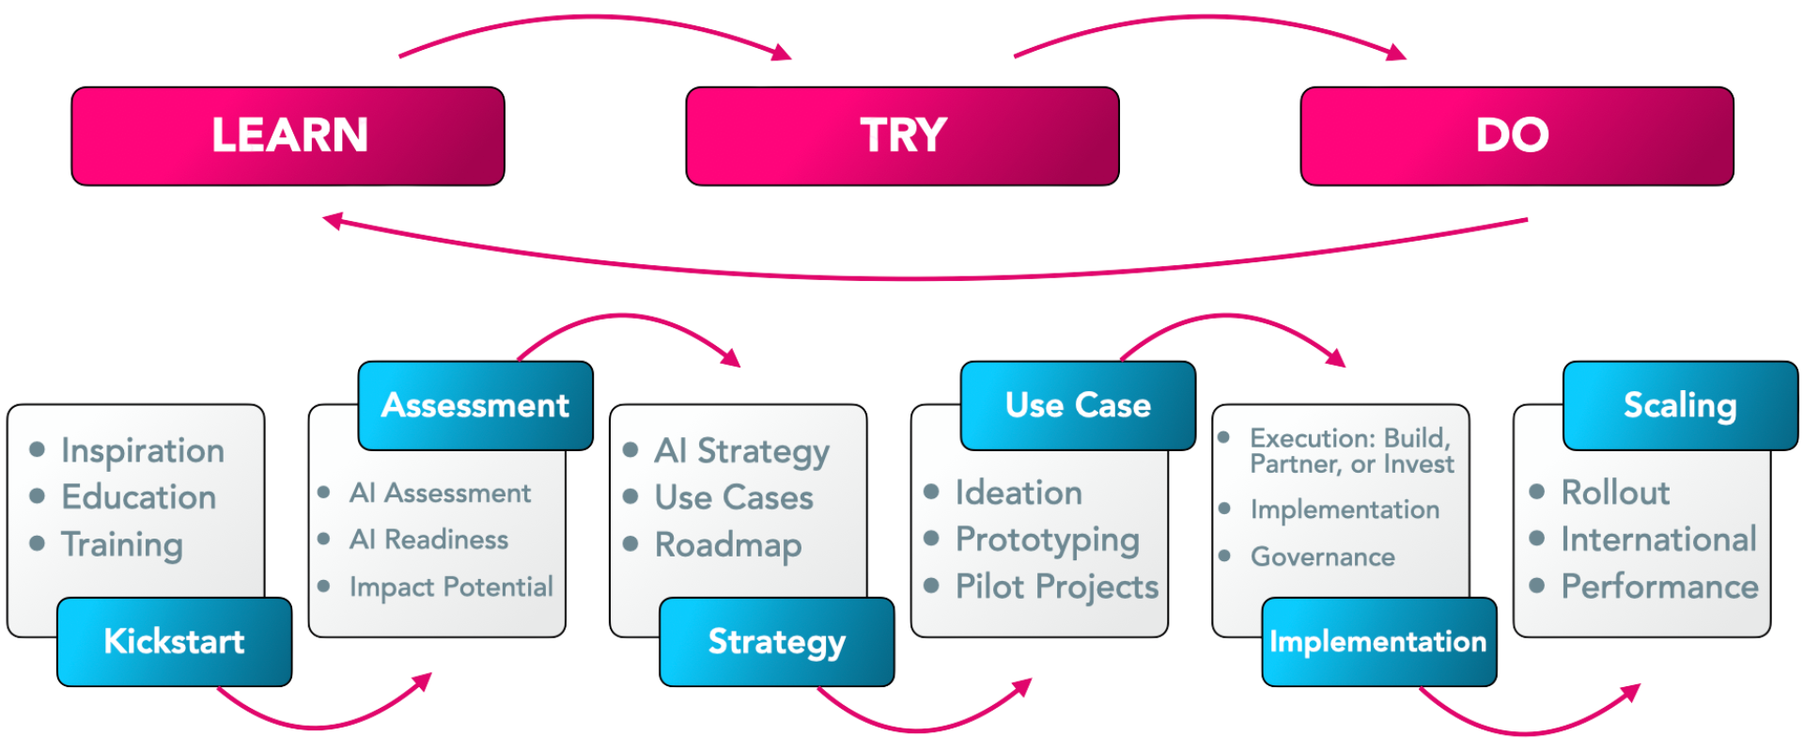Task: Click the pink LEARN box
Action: pos(288,135)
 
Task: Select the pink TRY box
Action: pos(902,135)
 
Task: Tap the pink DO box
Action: pos(1516,135)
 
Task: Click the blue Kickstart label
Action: pos(175,642)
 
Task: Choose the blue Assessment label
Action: pos(475,405)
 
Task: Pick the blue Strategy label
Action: pos(776,642)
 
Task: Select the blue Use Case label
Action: pos(1078,405)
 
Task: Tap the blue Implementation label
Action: pos(1378,642)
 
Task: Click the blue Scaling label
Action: pos(1680,405)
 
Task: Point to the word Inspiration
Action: pos(143,451)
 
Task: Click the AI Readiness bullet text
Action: pos(428,540)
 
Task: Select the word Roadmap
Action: pos(728,545)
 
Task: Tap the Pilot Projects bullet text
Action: pos(1057,587)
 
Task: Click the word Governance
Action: pos(1322,557)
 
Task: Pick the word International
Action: pos(1658,540)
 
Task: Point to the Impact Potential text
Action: pos(451,587)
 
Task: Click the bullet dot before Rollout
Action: pos(1537,492)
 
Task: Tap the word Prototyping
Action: pos(1048,540)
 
